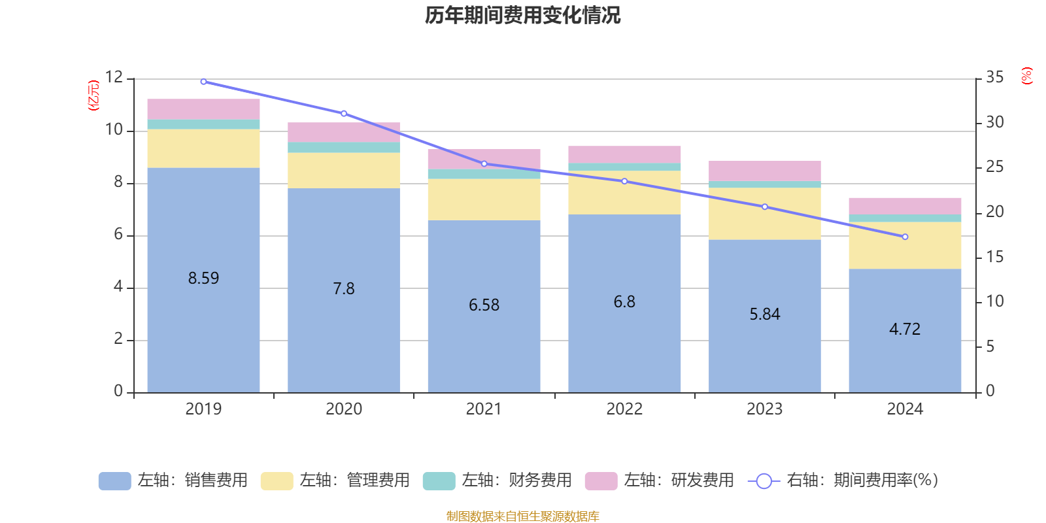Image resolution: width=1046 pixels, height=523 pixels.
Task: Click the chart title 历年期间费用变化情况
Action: (522, 15)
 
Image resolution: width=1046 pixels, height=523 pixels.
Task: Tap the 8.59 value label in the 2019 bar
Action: (203, 278)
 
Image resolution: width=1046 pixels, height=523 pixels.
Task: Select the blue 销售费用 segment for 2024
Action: (905, 353)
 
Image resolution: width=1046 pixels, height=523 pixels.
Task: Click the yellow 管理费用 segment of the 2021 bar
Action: (484, 199)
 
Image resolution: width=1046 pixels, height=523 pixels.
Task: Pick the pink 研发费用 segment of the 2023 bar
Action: (764, 171)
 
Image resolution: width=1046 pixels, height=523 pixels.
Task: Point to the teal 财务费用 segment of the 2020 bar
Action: (344, 148)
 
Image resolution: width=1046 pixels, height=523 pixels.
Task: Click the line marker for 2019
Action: (203, 82)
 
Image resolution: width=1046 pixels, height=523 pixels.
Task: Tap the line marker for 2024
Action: (905, 237)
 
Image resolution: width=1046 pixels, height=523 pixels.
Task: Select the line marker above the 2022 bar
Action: (624, 181)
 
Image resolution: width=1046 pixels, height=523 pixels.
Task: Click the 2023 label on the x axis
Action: (764, 409)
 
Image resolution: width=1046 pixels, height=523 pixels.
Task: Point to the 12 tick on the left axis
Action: (114, 78)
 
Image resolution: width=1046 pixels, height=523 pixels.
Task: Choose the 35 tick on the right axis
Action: (994, 78)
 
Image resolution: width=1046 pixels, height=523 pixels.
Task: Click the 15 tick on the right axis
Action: (994, 257)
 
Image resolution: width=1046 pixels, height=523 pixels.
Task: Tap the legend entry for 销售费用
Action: (173, 481)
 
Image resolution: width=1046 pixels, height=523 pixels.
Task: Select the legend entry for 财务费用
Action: (498, 481)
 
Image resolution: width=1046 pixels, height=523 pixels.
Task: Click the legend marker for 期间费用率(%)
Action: (764, 481)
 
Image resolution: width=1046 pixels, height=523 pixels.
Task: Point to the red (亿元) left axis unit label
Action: (93, 95)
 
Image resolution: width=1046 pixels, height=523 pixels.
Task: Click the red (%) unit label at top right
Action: (1026, 76)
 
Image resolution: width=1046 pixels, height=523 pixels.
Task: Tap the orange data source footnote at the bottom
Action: (522, 516)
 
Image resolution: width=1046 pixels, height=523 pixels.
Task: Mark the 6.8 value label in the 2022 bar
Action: (624, 302)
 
